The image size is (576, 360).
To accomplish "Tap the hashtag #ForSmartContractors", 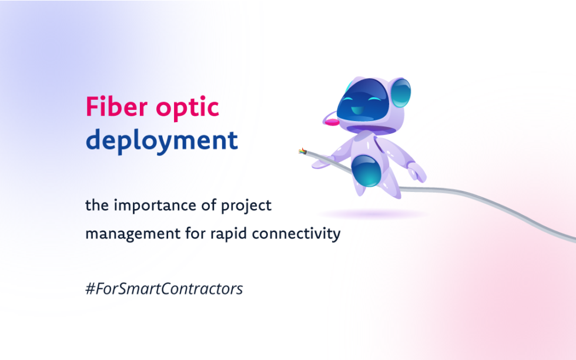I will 164,290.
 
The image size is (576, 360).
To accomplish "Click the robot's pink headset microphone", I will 333,122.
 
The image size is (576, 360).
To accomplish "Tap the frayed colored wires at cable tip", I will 302,151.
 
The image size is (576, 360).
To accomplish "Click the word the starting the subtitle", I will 96,206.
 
